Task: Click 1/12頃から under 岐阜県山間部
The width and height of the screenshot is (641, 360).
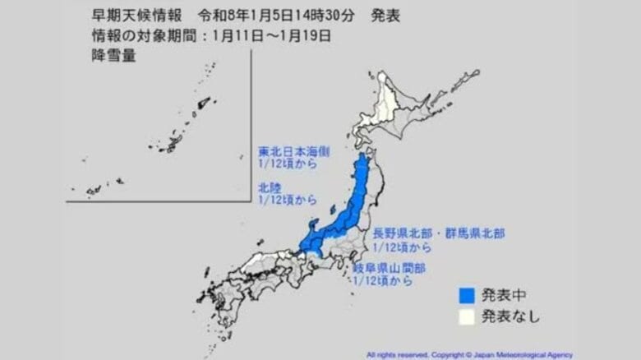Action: (381, 281)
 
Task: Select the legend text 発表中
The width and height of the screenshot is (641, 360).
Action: (500, 294)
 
